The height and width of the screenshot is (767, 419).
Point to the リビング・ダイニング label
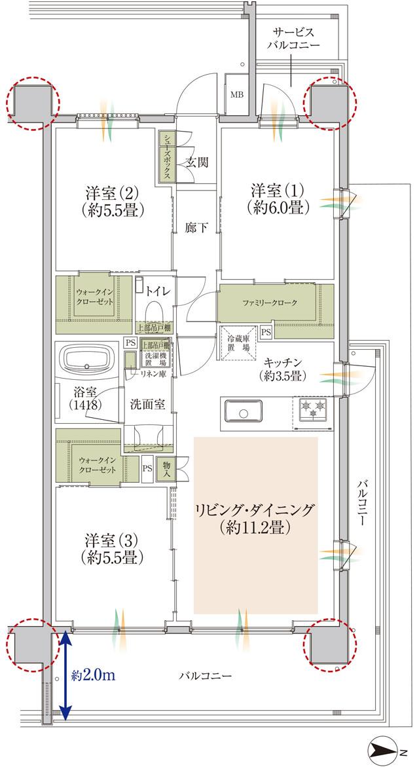point(255,517)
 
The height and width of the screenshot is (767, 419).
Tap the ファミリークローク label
point(269,303)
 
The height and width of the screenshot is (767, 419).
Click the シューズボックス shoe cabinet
point(167,158)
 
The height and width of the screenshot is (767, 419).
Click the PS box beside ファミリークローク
point(266,332)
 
